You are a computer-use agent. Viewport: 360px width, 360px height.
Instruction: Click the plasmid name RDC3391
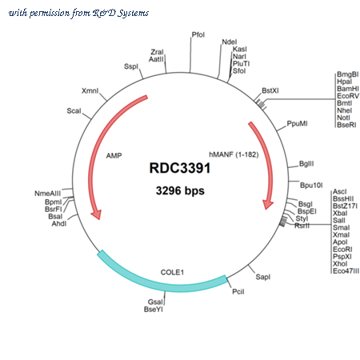(180, 168)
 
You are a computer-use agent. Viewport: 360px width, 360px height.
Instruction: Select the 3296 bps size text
(180, 190)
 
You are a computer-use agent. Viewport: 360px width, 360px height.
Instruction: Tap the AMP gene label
(114, 155)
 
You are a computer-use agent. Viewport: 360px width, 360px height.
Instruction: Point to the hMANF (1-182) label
(234, 154)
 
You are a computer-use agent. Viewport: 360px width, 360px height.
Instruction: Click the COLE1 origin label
(172, 272)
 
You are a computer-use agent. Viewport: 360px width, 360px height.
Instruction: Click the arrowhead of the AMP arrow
(96, 214)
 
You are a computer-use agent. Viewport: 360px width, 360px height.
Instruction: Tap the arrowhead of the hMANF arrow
(268, 204)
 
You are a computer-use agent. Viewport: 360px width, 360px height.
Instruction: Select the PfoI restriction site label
(198, 34)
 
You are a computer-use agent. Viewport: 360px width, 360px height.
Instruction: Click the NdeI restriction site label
(230, 42)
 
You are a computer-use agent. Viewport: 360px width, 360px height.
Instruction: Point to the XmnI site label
(90, 90)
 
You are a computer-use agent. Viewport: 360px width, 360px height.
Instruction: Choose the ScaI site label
(74, 110)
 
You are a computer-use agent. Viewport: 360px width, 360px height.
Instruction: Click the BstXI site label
(270, 90)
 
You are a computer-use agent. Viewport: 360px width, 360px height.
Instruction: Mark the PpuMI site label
(297, 124)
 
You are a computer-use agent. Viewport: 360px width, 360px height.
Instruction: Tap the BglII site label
(306, 163)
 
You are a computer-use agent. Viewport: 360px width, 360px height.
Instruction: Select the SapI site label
(263, 277)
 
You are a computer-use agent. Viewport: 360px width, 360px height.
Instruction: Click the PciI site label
(238, 291)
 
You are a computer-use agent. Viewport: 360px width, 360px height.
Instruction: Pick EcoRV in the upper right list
(348, 96)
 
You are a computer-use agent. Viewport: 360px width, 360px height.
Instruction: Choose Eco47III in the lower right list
(346, 271)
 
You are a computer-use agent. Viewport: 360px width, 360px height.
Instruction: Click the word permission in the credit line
(50, 13)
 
